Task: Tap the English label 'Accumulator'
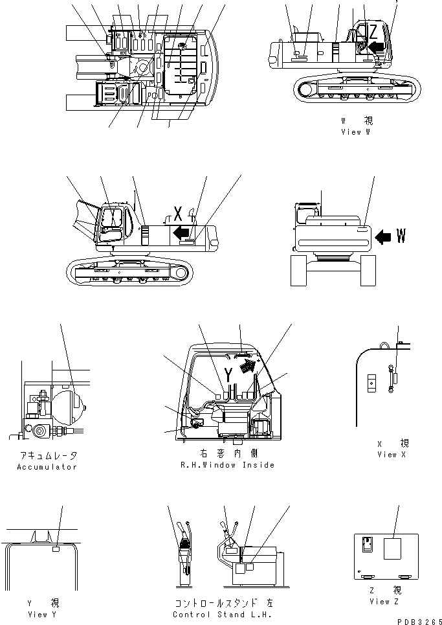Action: point(47,466)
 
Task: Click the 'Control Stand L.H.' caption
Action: point(222,614)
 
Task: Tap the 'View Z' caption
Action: point(384,602)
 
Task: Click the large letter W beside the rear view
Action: point(401,237)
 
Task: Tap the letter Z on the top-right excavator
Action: point(373,31)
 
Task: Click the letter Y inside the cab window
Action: point(228,374)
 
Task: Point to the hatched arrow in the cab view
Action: point(247,367)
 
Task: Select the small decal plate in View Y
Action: point(56,549)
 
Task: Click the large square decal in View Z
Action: point(393,550)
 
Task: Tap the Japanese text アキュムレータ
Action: point(47,456)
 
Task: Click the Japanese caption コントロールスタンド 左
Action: point(222,603)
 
